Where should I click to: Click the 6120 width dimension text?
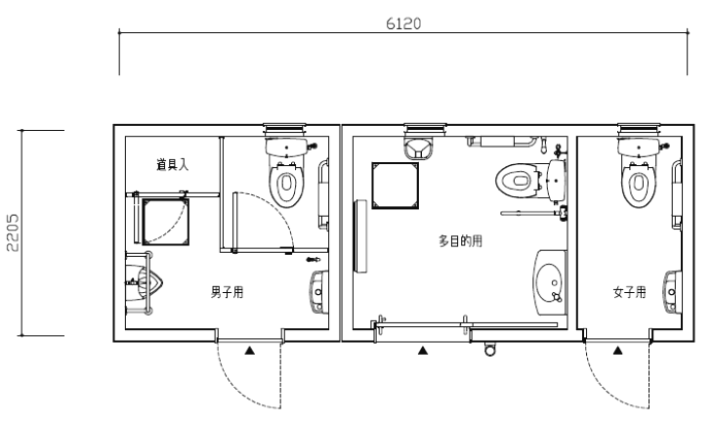click(x=403, y=23)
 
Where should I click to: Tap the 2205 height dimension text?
click(x=13, y=232)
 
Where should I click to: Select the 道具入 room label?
click(x=172, y=164)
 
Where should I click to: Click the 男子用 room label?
click(x=227, y=292)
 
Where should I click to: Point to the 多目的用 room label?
click(x=460, y=240)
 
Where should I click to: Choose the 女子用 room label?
click(x=629, y=292)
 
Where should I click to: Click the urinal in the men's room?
click(x=144, y=283)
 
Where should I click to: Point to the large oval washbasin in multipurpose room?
click(x=550, y=282)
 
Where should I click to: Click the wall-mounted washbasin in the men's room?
click(x=319, y=291)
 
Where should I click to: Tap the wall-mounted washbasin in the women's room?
click(x=673, y=291)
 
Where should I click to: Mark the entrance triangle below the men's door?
click(x=250, y=350)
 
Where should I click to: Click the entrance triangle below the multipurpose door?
click(x=423, y=350)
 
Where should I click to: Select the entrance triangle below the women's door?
click(x=617, y=350)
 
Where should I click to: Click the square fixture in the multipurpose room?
click(x=396, y=186)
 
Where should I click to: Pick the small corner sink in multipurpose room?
click(x=419, y=148)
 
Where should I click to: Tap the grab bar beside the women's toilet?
click(x=677, y=194)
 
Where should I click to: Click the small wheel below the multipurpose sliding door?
click(x=489, y=350)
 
